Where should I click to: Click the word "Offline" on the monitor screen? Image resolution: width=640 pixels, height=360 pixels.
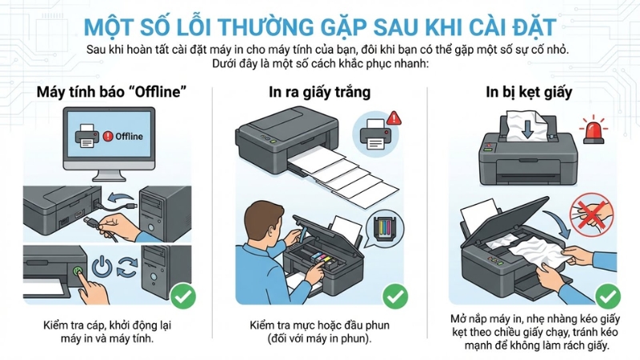129,136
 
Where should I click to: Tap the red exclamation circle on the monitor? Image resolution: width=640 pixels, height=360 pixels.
108,136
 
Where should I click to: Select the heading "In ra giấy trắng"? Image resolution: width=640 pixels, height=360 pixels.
319,92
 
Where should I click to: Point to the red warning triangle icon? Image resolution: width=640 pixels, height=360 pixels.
393,118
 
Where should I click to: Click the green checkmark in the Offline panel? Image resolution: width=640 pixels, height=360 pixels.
183,298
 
